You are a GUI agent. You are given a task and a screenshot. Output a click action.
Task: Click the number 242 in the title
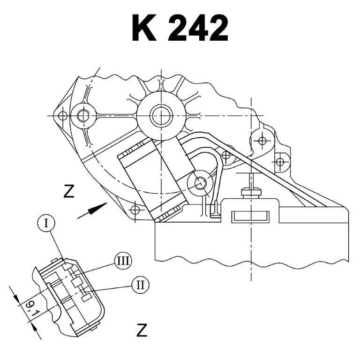(198, 28)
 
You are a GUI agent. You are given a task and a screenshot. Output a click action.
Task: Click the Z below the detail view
(142, 330)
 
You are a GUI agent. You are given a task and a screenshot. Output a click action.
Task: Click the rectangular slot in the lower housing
(250, 217)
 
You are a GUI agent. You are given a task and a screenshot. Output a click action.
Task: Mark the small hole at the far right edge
(280, 162)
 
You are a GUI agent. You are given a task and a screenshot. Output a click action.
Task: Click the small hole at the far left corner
(63, 114)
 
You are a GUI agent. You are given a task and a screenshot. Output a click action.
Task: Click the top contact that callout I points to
(67, 267)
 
